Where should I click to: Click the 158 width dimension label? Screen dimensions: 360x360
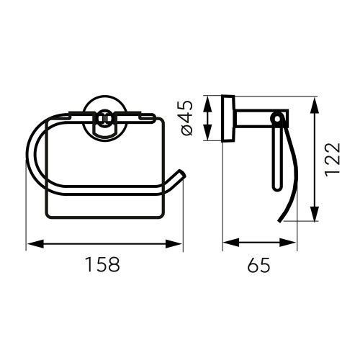[x=103, y=264]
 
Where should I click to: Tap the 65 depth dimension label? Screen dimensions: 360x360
[x=259, y=265]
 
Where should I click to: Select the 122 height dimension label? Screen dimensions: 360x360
[x=333, y=160]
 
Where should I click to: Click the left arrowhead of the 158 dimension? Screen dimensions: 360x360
[x=35, y=244]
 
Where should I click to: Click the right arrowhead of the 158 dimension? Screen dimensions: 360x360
[x=173, y=244]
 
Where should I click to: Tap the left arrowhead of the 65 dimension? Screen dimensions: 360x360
[x=231, y=243]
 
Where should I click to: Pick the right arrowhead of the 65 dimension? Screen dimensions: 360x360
[x=287, y=243]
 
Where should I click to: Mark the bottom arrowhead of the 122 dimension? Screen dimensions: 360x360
[x=315, y=212]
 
